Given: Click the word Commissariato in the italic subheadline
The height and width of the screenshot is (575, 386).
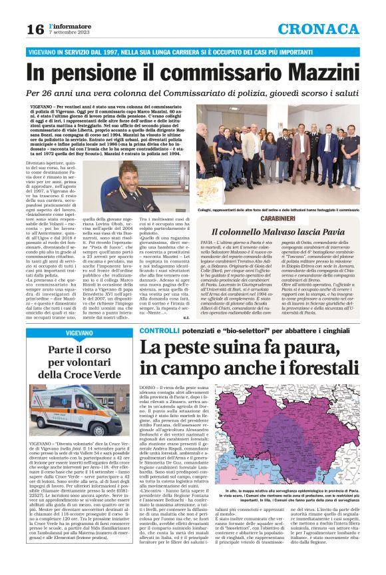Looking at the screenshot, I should click(x=227, y=93).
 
